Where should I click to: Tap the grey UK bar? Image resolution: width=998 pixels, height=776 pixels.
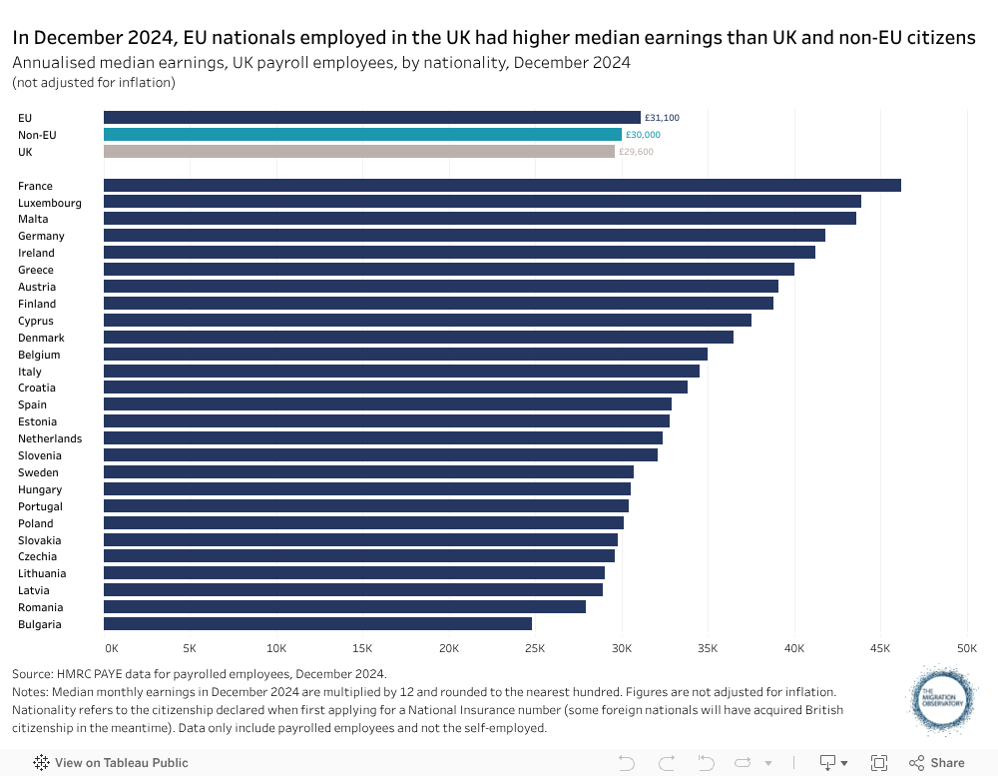359,152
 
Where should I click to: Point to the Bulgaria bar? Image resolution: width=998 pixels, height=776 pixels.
317,623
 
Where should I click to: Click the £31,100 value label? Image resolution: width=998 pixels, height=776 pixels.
662,118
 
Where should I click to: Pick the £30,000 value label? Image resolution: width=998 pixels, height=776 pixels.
643,135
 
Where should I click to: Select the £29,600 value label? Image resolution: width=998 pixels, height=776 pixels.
636,152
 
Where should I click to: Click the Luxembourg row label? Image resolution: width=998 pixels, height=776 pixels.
50,203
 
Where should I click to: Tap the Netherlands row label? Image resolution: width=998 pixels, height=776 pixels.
50,438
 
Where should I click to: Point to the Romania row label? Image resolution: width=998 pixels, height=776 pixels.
40,607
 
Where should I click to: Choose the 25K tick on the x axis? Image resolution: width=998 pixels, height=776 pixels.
536,648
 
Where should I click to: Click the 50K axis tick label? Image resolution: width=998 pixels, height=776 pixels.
966,648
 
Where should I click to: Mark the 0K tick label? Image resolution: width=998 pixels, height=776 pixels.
111,648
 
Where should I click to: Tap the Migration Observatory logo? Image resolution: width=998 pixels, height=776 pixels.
943,699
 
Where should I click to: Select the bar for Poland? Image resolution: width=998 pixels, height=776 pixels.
363,522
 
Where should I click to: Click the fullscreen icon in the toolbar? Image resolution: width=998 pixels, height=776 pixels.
879,763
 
